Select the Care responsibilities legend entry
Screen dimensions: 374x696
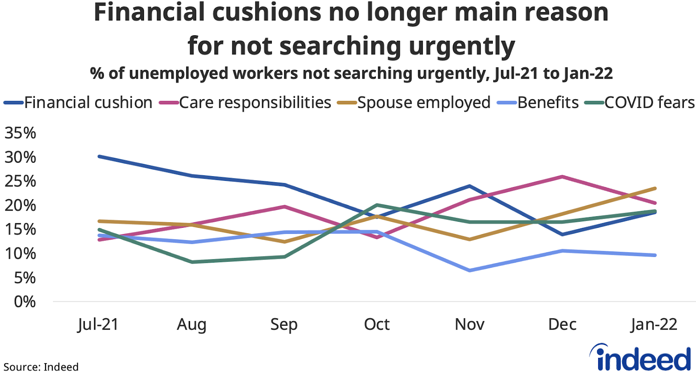pos(255,103)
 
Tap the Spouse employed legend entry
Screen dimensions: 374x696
pos(424,103)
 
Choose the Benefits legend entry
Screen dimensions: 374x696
pos(548,103)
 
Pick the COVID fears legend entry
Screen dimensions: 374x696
pos(649,103)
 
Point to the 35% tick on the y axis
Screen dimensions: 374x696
pos(20,133)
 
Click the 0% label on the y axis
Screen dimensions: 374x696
pos(24,302)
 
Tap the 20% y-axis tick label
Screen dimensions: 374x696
pos(20,205)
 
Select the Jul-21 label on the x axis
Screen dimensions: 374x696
pos(98,324)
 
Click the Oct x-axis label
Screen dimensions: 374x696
pos(377,324)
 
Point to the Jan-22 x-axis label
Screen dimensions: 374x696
pos(654,324)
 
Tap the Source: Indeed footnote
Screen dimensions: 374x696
pos(41,367)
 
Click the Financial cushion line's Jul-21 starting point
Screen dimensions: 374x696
pos(100,156)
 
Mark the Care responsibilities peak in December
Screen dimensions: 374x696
pos(562,177)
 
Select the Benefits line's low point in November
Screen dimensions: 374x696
pos(470,270)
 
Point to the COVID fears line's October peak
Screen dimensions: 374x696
pos(377,205)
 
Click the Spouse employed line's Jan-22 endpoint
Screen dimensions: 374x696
pos(655,188)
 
